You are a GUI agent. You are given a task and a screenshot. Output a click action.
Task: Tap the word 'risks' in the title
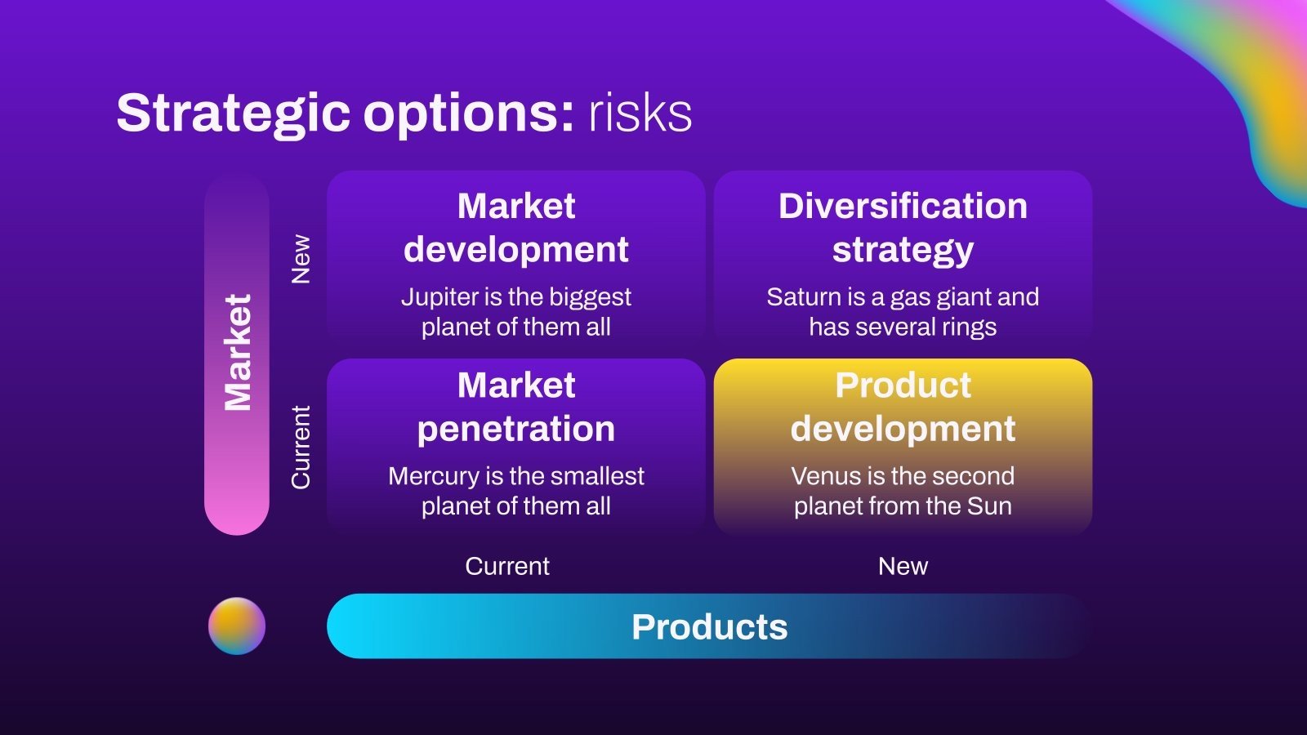point(640,113)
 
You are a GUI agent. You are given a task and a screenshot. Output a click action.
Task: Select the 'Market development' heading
point(515,228)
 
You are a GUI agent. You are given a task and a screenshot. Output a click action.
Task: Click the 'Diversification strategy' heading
point(903,228)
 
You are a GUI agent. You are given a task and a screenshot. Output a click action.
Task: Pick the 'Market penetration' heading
point(515,407)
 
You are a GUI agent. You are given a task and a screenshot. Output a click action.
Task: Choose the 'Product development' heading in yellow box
point(903,407)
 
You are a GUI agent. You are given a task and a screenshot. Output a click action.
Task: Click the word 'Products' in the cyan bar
point(709,626)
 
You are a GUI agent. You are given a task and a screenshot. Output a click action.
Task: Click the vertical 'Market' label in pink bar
point(237,353)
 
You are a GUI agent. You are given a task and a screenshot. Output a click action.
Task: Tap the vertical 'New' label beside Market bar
point(301,259)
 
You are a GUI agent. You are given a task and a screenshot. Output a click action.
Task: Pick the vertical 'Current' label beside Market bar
point(301,448)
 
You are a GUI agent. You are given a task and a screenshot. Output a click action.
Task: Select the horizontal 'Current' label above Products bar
point(507,566)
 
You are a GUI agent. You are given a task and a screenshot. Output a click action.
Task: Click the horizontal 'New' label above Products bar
point(903,566)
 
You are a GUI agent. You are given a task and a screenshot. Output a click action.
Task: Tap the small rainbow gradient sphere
point(237,626)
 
